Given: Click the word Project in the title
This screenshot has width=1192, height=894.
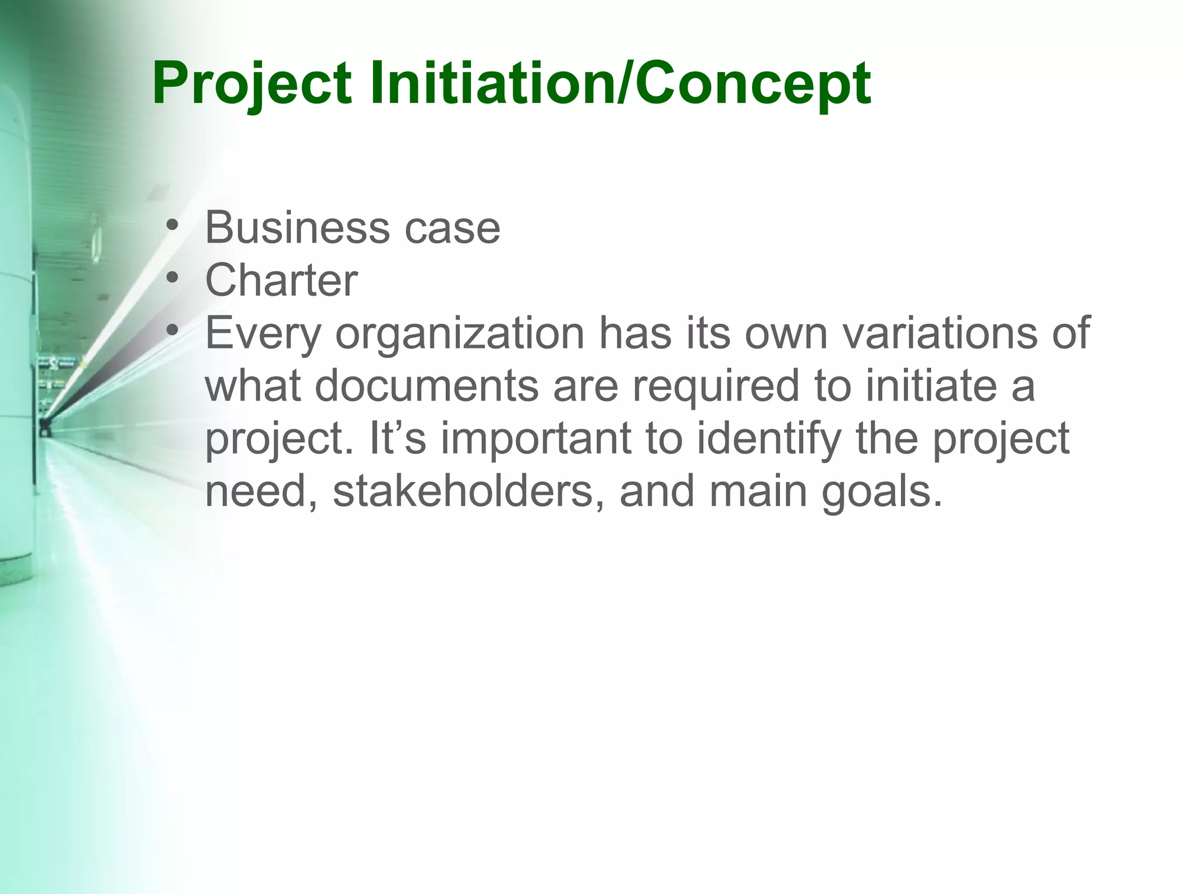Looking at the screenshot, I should tap(251, 84).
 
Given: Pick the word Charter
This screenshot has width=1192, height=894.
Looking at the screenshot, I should tap(281, 281).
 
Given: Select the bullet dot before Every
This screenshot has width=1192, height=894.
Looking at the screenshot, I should tap(171, 331).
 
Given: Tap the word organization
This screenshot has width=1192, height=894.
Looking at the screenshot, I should tap(459, 335).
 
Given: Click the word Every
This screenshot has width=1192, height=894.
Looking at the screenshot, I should tap(263, 335).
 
